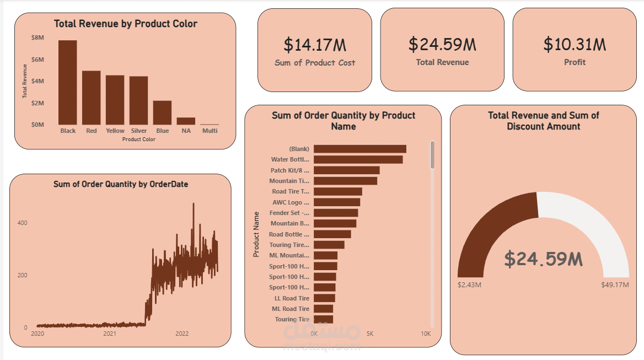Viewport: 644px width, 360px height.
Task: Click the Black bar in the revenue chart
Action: click(x=68, y=83)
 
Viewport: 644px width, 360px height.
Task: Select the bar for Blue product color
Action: click(x=162, y=112)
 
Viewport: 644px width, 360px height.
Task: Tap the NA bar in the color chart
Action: click(x=186, y=121)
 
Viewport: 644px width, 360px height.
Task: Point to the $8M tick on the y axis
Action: click(x=38, y=37)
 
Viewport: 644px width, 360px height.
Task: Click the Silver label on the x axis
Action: click(x=139, y=131)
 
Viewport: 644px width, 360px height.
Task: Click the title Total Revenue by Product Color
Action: click(x=125, y=24)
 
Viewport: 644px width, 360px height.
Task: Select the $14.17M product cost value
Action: click(x=315, y=45)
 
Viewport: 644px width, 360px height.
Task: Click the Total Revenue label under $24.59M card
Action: click(x=442, y=62)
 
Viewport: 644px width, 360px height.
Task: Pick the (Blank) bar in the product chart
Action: click(x=359, y=149)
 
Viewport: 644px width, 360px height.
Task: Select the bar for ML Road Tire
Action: click(x=323, y=309)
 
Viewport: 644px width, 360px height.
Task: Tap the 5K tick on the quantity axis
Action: click(x=370, y=334)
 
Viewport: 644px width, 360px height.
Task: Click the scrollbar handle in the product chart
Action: click(x=432, y=154)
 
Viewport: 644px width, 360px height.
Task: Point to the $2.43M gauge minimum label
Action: click(x=470, y=285)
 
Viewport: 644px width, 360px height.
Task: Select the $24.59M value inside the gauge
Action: click(x=544, y=259)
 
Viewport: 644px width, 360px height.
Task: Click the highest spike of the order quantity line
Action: click(x=193, y=204)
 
